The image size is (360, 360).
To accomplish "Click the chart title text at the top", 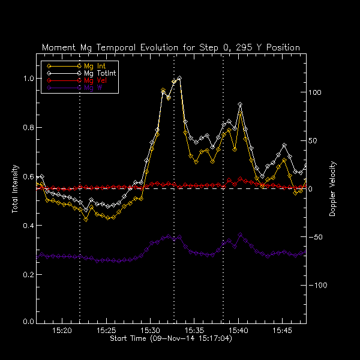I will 171,47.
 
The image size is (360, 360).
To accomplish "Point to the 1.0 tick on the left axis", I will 28,79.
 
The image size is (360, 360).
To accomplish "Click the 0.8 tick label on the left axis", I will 28,128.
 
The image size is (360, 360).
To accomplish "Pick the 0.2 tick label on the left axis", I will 28,274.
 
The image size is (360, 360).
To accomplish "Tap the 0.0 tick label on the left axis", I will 28,322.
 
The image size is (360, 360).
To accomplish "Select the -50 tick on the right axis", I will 316,237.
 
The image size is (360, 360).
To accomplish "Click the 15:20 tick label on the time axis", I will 62,331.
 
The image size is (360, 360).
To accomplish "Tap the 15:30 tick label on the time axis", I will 151,331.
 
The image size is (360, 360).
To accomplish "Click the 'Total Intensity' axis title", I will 14,189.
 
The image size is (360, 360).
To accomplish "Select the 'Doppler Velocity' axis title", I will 332,189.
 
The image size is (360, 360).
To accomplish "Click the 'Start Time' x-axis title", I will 171,339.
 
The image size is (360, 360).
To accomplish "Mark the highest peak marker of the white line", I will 179,78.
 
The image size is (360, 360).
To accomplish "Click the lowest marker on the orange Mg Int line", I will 86,220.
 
